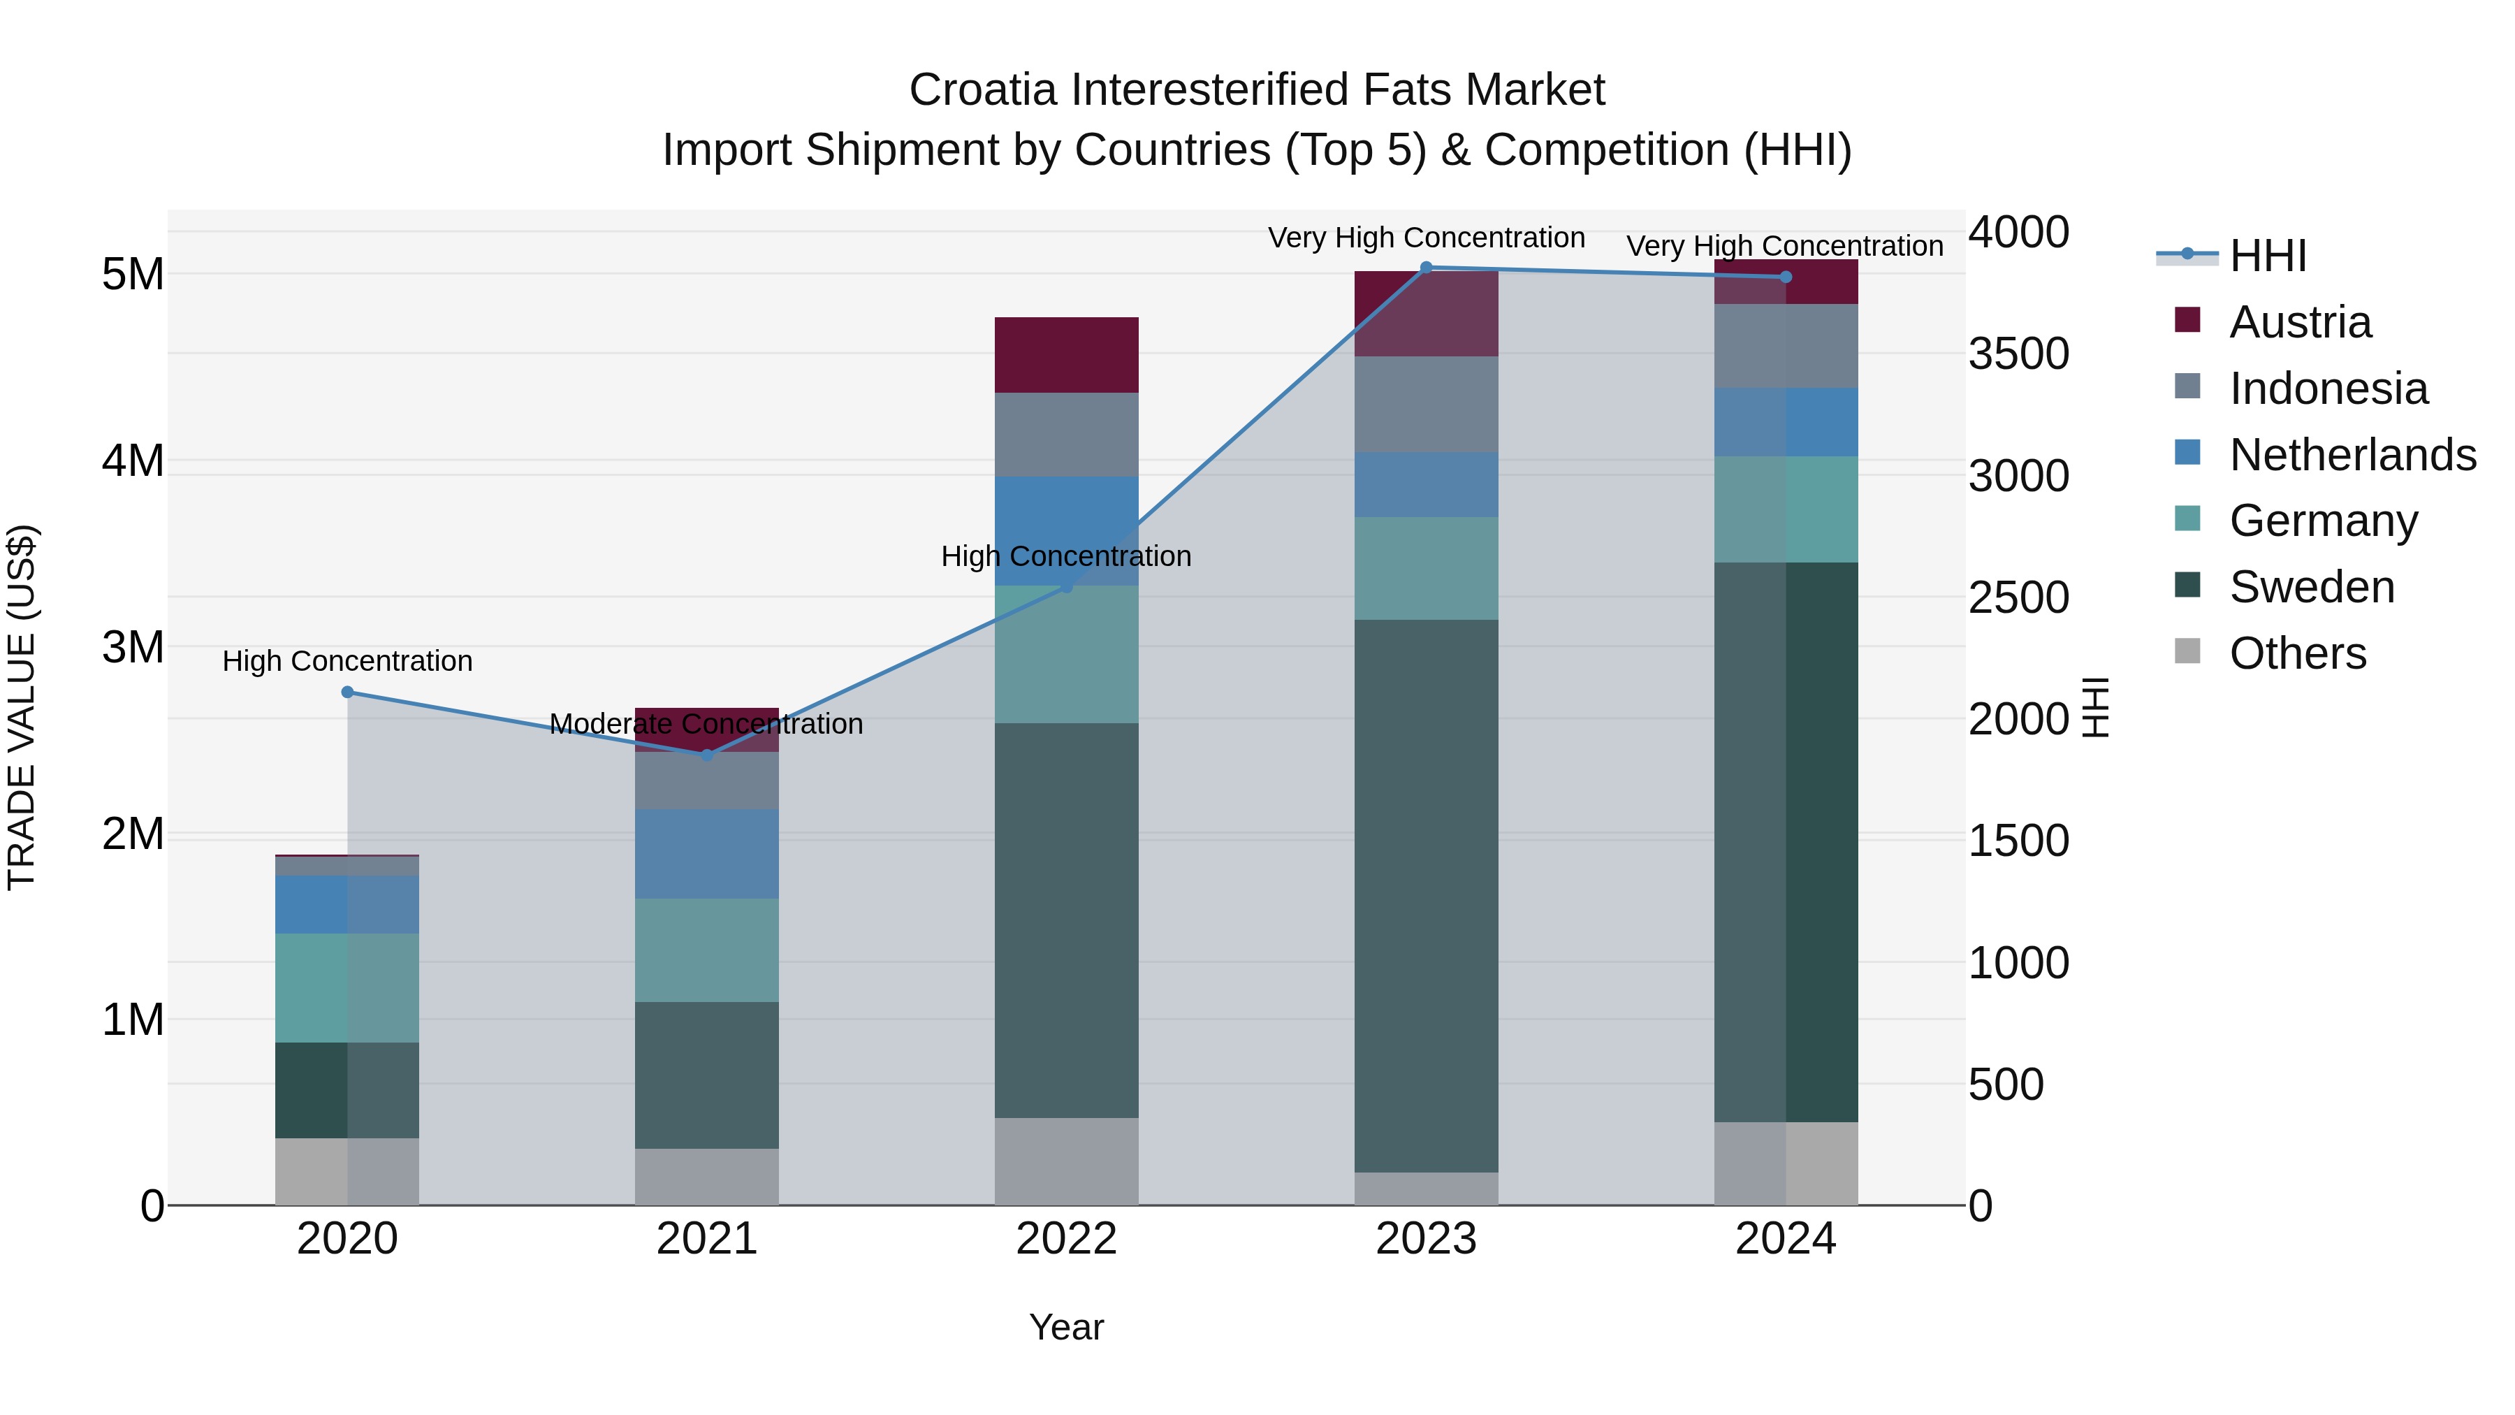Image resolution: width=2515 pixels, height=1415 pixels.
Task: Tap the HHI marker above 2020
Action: coord(348,692)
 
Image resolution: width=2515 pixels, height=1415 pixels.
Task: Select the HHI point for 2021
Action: coord(707,755)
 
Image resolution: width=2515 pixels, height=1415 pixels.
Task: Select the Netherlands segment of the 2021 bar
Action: coord(707,853)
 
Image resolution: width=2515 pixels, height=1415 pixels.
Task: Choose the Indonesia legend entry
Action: coord(2328,389)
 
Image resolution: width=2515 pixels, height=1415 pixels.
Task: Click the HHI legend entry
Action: coord(2267,256)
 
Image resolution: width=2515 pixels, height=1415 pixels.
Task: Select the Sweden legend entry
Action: coord(2311,587)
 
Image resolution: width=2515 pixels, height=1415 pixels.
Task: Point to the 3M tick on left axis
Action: coord(133,648)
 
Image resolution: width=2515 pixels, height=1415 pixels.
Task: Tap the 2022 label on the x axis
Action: coord(1066,1239)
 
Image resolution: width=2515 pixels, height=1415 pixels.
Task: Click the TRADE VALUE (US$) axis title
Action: coord(22,707)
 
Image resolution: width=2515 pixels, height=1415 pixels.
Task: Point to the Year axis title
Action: coord(1066,1327)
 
